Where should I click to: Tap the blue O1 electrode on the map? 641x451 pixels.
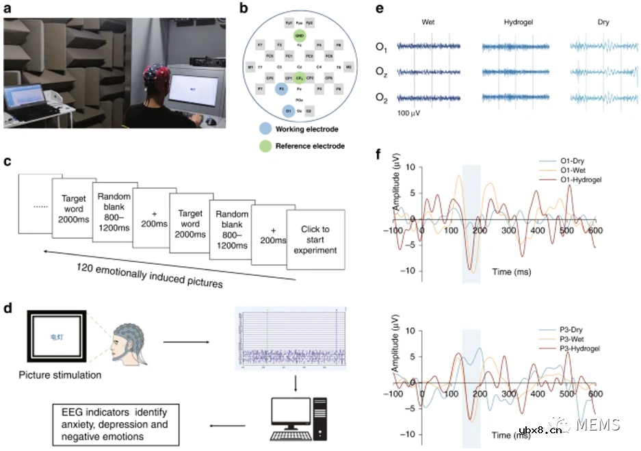click(x=289, y=110)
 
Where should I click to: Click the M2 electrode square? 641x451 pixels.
click(x=349, y=67)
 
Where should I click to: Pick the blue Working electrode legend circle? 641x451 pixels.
click(x=264, y=129)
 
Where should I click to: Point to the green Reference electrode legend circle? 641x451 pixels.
click(x=264, y=145)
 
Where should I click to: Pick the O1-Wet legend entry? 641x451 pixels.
click(x=565, y=170)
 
